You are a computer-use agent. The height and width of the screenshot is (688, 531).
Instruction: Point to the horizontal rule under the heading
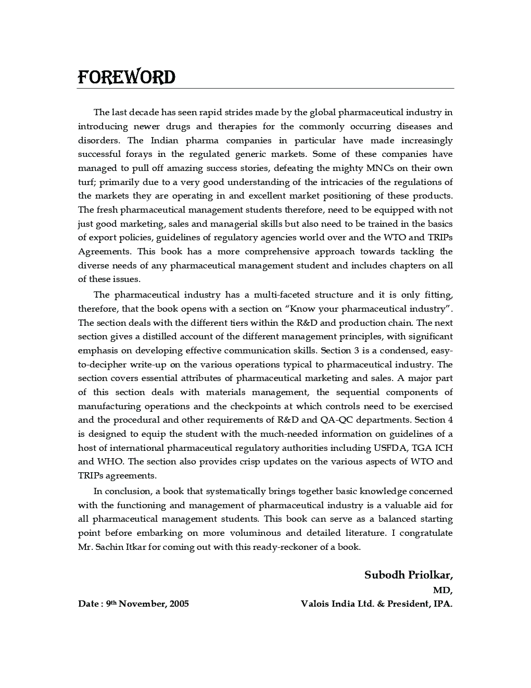265,89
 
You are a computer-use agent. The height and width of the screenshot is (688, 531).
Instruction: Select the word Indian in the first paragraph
165,140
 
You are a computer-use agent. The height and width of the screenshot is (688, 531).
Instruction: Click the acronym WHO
110,461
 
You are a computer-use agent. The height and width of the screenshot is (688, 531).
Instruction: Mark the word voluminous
255,533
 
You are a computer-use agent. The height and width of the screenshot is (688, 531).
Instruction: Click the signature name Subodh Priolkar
408,575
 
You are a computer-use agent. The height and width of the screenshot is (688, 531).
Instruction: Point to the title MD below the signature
442,590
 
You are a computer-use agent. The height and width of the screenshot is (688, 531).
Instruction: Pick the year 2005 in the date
179,604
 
